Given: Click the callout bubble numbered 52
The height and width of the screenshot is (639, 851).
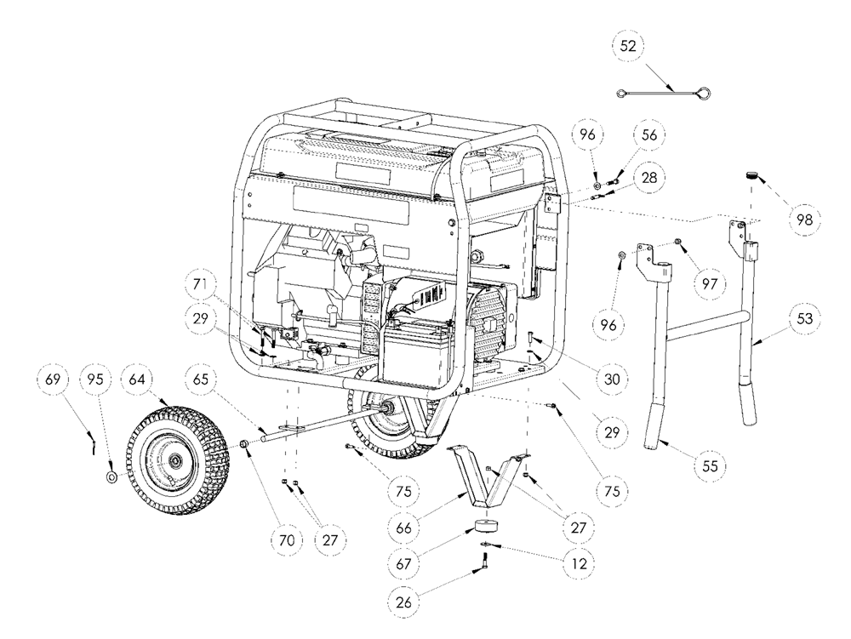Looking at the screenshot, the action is click(628, 46).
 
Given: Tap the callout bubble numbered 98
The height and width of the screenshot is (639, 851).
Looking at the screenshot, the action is click(805, 220).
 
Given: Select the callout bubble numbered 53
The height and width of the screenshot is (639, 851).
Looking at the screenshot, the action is click(804, 318).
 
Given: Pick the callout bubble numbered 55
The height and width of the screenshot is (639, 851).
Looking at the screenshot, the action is click(710, 465).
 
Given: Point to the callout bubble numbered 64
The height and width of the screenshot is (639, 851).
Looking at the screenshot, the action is click(137, 379).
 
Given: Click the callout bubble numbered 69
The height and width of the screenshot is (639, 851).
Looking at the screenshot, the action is click(53, 379).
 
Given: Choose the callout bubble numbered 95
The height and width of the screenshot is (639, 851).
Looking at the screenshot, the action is click(95, 379).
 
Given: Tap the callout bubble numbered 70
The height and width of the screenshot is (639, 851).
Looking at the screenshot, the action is click(287, 539).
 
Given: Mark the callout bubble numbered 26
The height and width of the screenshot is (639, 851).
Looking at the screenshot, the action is click(403, 602).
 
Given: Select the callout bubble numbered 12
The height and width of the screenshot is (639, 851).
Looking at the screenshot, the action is click(580, 563).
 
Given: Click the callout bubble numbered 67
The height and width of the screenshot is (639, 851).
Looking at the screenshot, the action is click(403, 563).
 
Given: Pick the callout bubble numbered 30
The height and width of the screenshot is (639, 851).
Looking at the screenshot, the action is click(612, 379).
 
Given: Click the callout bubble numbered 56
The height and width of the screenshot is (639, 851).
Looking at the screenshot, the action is click(649, 135).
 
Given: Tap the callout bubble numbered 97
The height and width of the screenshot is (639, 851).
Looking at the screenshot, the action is click(710, 283).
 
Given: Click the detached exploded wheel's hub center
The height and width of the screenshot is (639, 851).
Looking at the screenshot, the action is click(175, 461).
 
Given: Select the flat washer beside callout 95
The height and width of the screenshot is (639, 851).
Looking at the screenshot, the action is click(112, 477).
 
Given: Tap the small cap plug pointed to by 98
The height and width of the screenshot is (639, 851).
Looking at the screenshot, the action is click(751, 174).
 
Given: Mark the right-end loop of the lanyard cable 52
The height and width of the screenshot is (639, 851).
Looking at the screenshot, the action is click(705, 94).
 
